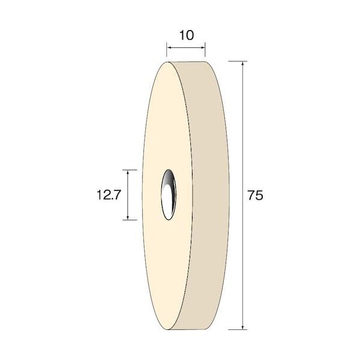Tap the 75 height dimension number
(256, 196)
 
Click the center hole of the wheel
(169, 194)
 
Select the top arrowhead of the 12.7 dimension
(128, 172)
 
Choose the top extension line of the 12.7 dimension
(130, 169)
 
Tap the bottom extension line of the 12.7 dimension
(130, 220)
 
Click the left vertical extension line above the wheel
(167, 50)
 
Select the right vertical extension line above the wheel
(205, 50)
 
